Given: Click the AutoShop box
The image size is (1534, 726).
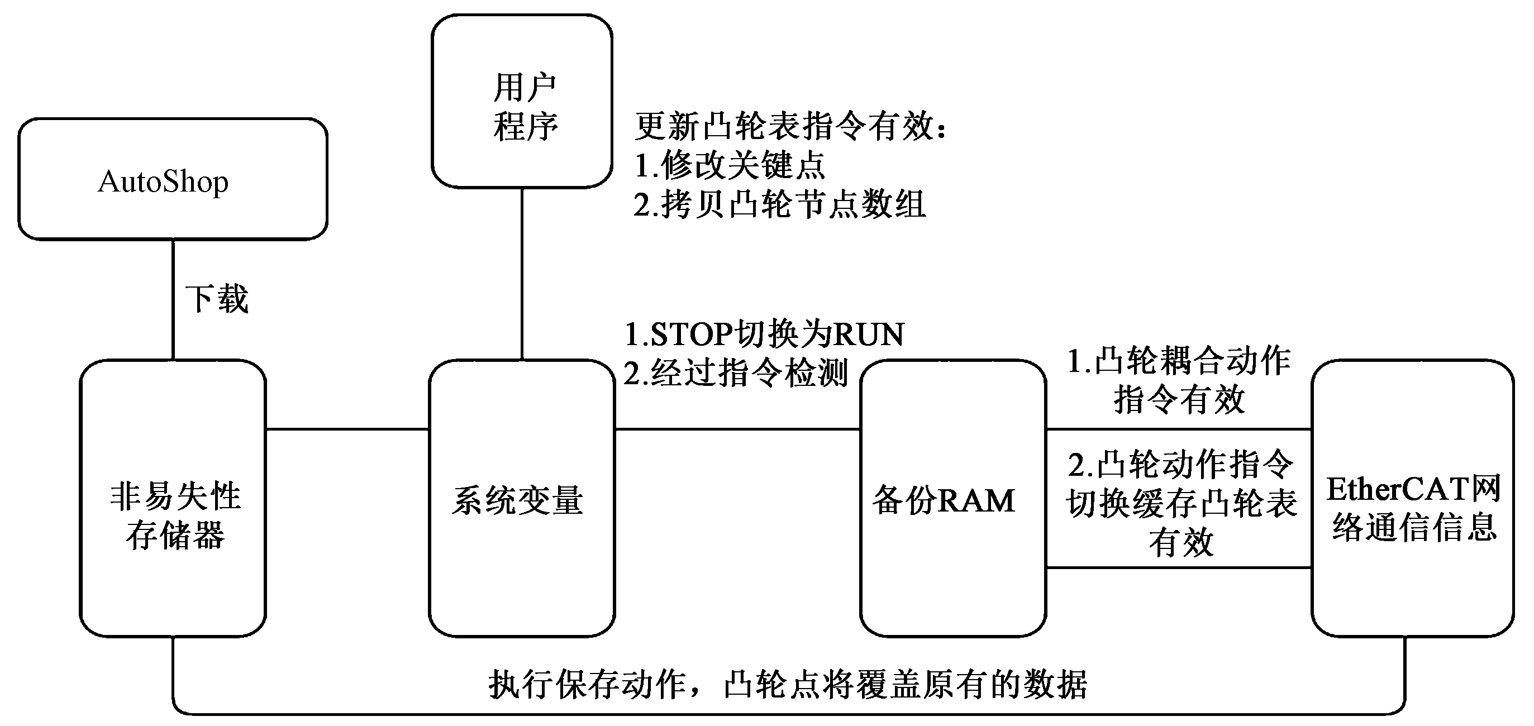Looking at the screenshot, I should [x=173, y=179].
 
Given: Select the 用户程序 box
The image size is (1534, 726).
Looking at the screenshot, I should [x=522, y=101].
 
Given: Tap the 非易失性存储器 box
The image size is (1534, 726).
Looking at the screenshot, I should [x=173, y=498].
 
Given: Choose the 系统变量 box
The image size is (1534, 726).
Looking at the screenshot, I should [x=522, y=498].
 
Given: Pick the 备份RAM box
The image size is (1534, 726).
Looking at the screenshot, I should [x=953, y=498].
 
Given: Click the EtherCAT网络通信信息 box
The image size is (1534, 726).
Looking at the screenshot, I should [x=1413, y=498].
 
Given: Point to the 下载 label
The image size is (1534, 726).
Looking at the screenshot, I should [x=217, y=299].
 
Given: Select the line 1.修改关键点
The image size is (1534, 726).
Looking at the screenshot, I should [x=730, y=165].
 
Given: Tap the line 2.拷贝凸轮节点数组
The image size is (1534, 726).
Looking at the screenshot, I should [x=779, y=204].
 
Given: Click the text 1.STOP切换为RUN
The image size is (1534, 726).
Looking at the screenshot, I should [x=764, y=335].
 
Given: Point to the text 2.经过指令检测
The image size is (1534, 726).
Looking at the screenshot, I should [x=736, y=374].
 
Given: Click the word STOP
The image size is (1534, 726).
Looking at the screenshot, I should [x=691, y=335].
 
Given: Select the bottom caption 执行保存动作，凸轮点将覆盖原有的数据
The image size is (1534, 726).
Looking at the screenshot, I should [x=787, y=684].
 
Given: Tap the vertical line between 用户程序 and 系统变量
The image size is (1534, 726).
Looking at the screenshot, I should [x=522, y=274].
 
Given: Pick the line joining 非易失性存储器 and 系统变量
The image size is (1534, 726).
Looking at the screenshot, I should [x=347, y=428].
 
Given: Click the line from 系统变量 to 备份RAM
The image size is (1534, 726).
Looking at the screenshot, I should [x=737, y=428].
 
